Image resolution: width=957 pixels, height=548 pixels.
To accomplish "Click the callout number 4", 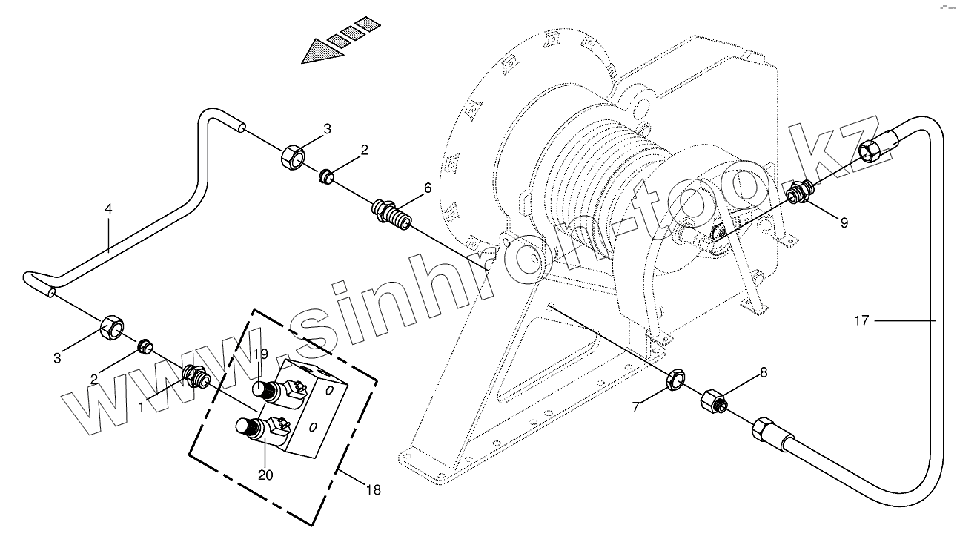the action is point(108,209).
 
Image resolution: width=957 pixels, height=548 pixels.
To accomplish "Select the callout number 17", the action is point(860,321).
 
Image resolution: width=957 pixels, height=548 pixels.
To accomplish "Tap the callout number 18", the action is point(374,491).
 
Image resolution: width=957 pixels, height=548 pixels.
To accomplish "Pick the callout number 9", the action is point(844,221).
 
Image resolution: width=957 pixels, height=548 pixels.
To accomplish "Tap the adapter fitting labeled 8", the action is point(713,402).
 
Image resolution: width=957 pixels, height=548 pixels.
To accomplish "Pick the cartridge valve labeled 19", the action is point(271,389).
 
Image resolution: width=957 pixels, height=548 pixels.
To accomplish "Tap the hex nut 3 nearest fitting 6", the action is point(292,157).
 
